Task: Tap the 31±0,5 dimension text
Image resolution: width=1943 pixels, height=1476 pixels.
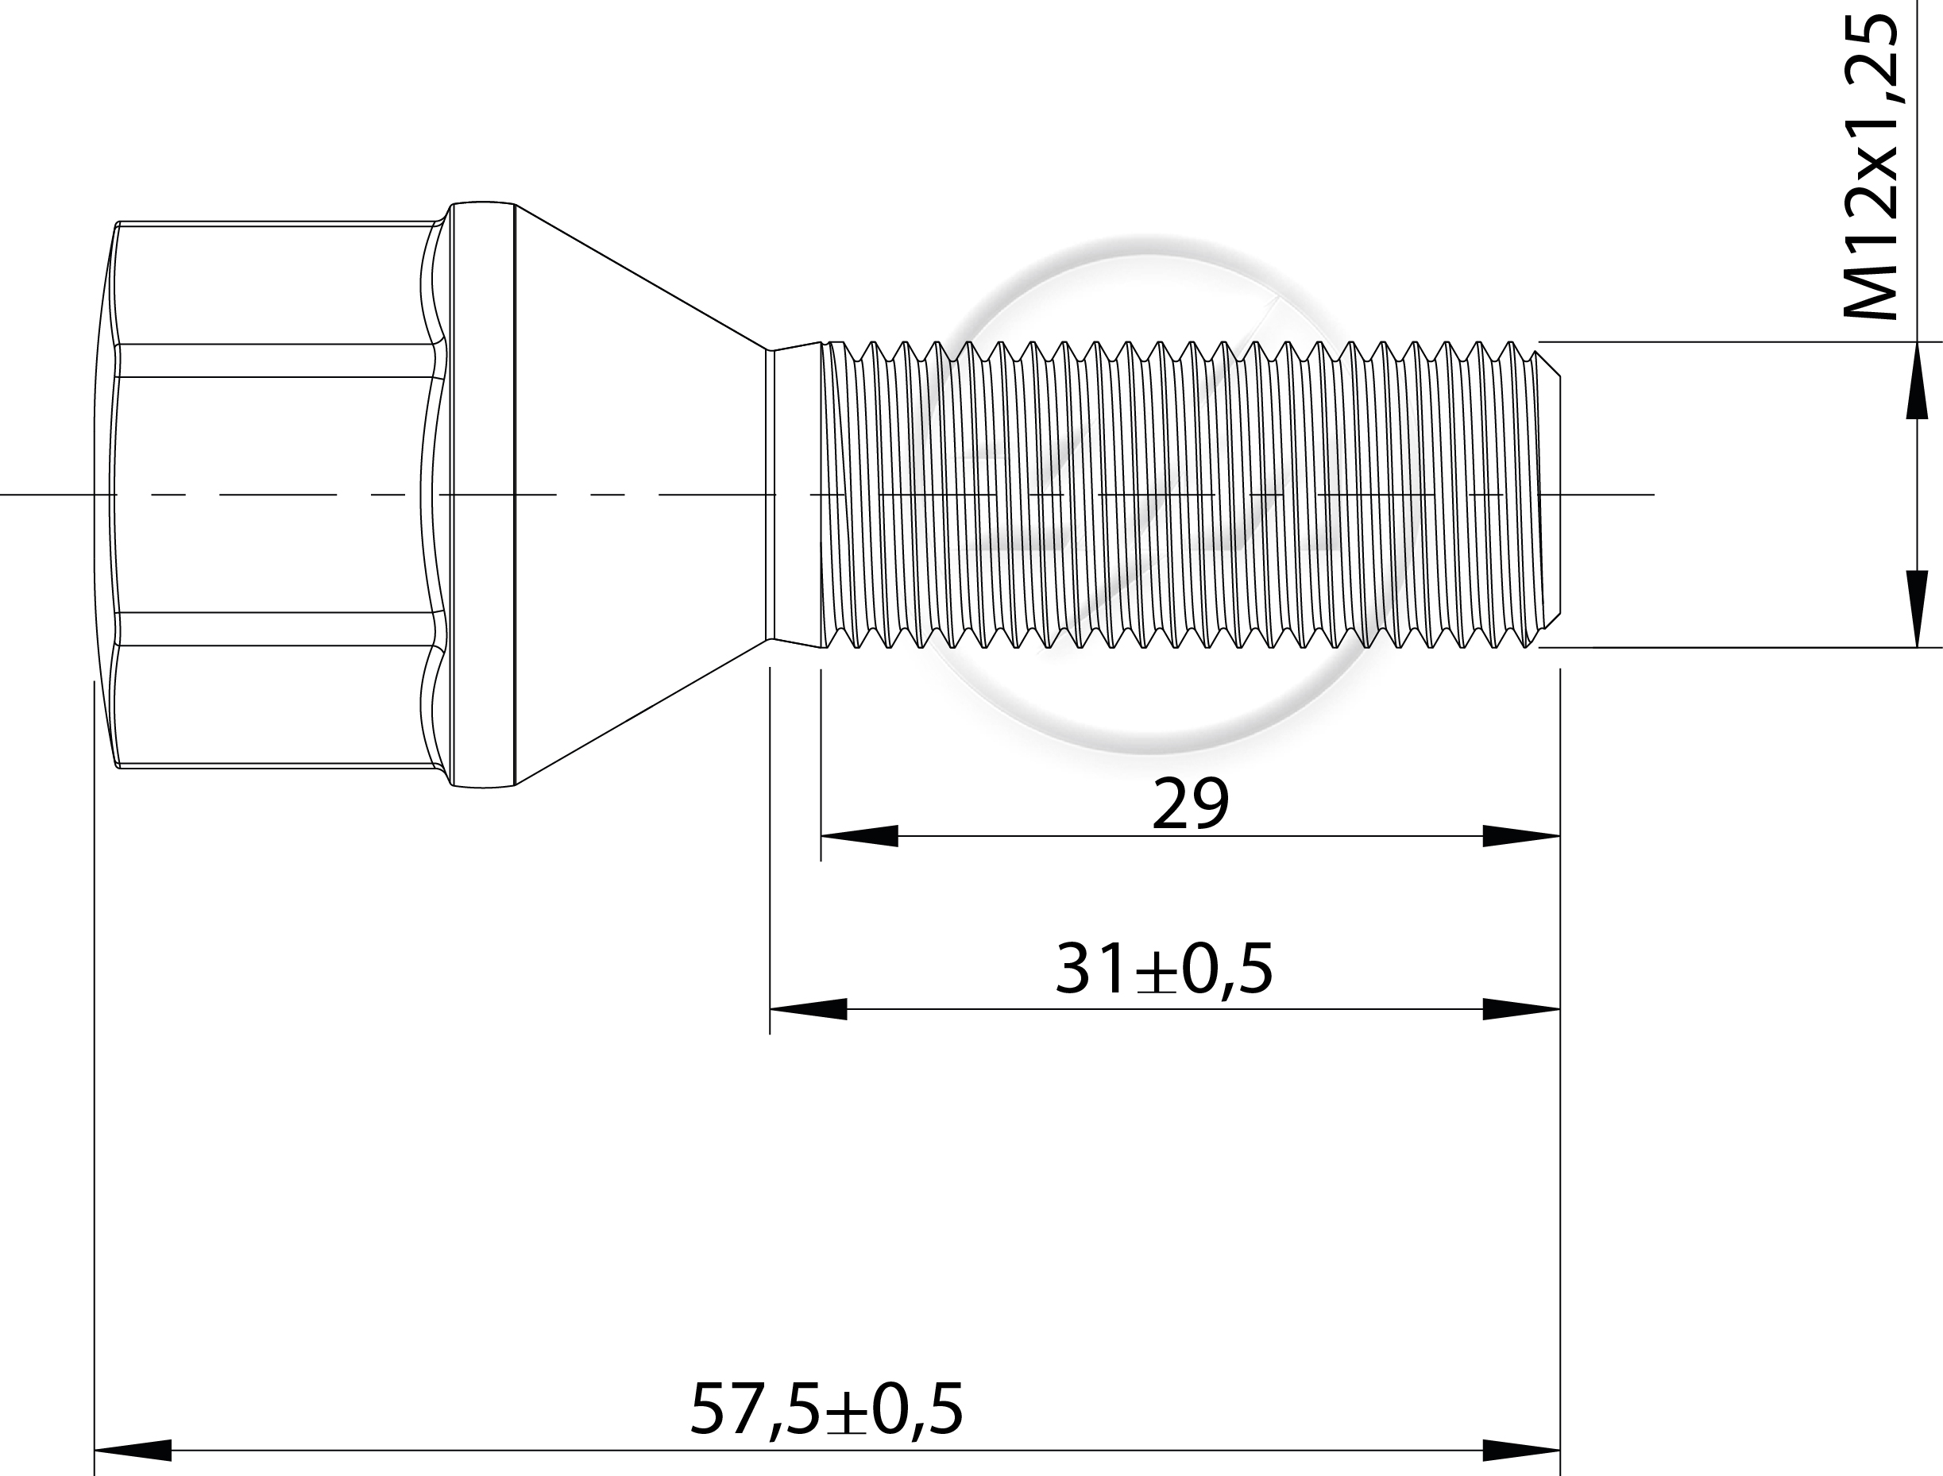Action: click(1165, 969)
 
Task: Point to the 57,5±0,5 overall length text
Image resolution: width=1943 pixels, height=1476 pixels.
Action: click(826, 1409)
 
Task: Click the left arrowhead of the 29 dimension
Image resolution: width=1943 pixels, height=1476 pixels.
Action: click(859, 836)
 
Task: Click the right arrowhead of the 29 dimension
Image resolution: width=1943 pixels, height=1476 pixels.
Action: click(1521, 836)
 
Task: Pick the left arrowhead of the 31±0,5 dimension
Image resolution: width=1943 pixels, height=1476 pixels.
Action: click(809, 1009)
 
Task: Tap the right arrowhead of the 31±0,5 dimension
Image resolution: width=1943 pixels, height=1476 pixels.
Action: click(1521, 1009)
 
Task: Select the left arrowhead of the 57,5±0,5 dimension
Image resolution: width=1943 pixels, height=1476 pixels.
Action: click(133, 1451)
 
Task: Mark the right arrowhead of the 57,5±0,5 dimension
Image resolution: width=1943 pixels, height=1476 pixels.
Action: click(1521, 1451)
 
